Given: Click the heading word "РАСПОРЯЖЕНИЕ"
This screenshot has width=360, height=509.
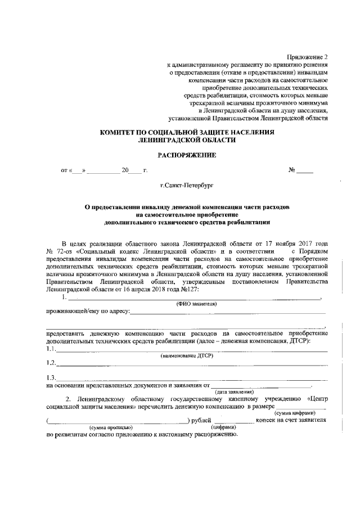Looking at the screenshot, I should point(179,154).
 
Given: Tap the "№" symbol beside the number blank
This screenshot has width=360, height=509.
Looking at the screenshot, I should point(291,169).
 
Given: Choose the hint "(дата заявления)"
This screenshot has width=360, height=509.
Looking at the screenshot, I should point(235,391).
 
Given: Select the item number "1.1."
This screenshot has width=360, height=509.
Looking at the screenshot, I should point(51,349).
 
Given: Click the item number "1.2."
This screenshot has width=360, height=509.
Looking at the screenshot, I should point(51,363).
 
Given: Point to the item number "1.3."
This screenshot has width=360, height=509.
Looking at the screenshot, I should point(51,377).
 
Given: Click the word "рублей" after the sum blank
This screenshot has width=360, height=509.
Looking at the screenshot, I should point(201,420).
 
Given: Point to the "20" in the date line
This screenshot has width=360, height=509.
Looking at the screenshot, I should point(125,169).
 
